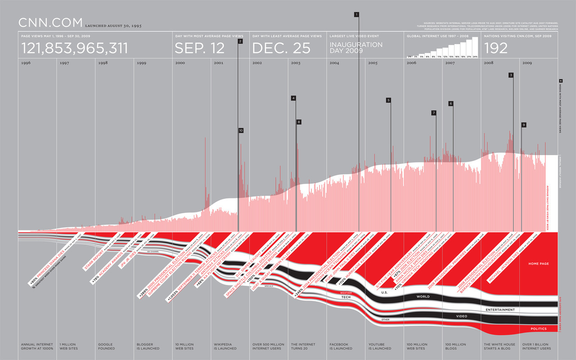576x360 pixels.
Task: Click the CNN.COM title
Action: (x=50, y=22)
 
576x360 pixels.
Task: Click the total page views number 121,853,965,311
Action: (x=75, y=48)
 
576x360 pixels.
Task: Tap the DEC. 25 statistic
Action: (x=281, y=48)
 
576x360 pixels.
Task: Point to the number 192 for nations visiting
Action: (x=495, y=48)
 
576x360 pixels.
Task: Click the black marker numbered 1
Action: (x=356, y=14)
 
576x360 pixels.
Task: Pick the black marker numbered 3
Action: (x=511, y=75)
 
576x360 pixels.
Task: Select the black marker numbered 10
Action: (x=241, y=130)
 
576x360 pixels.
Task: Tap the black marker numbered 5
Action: (x=388, y=100)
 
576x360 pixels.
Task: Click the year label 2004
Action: (x=334, y=63)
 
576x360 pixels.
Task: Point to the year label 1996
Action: (x=26, y=63)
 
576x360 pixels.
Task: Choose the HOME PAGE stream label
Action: (x=539, y=264)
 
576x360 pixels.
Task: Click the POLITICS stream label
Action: (x=538, y=329)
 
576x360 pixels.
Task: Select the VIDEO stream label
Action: (x=462, y=316)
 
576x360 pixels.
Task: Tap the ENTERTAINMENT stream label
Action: (x=500, y=310)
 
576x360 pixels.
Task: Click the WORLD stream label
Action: (x=423, y=297)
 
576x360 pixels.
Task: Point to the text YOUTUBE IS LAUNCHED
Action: (x=380, y=346)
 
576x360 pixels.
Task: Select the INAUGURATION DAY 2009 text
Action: (x=356, y=47)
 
